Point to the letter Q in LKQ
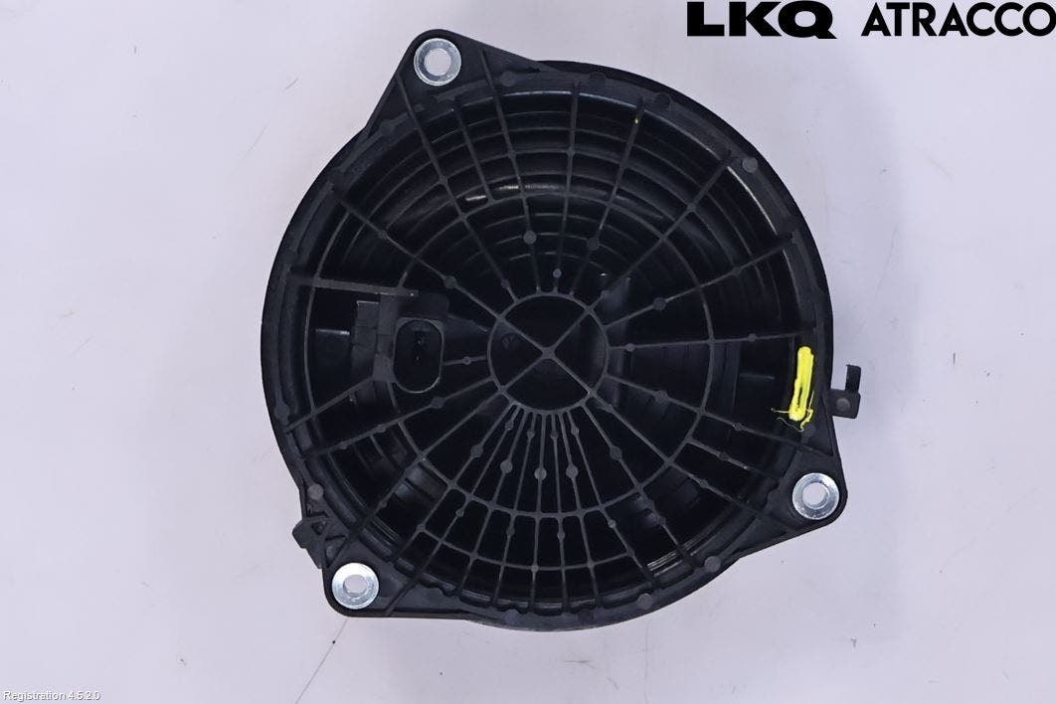pyautogui.click(x=812, y=20)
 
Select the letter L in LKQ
pyautogui.click(x=705, y=19)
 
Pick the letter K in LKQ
pyautogui.click(x=755, y=19)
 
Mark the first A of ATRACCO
pyautogui.click(x=877, y=19)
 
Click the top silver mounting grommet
pyautogui.click(x=437, y=62)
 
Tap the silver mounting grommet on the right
pyautogui.click(x=816, y=494)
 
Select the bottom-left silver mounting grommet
pyautogui.click(x=354, y=585)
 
